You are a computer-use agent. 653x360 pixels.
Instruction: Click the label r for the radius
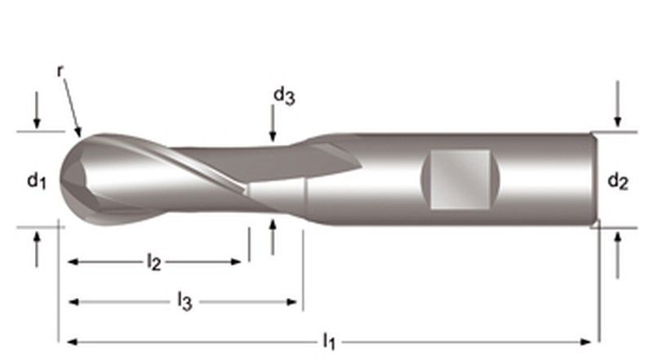[x=60, y=70]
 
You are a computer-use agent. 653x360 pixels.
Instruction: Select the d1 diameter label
[x=34, y=182]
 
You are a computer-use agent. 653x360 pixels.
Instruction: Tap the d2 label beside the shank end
[x=618, y=183]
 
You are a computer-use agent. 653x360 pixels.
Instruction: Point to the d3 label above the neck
[x=283, y=96]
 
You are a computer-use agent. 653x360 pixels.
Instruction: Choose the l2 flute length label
[x=153, y=262]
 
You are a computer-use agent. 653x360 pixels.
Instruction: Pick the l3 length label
[x=184, y=301]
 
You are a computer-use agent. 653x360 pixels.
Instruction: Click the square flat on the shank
[x=460, y=179]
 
